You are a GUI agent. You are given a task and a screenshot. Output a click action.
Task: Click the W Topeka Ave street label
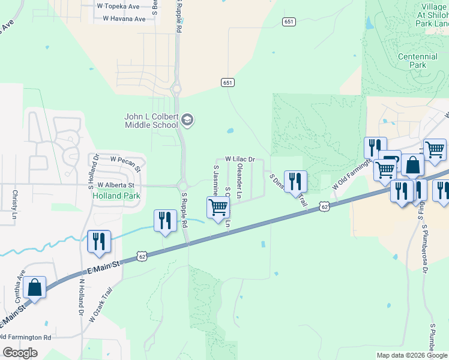pos(118,7)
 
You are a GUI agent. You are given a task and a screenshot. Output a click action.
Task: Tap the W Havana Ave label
pos(124,19)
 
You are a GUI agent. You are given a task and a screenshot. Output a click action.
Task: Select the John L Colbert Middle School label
pos(151,121)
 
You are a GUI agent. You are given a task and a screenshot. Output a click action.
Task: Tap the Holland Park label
pos(116,196)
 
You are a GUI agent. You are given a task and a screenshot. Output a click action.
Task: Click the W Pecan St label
pos(125,160)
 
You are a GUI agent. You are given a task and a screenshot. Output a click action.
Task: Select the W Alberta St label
pos(116,185)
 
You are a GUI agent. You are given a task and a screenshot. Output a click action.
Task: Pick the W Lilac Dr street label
pos(240,159)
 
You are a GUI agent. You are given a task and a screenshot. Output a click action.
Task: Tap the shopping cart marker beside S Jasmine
pos(218,208)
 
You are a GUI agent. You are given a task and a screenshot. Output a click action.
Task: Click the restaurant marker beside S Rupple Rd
pos(164,220)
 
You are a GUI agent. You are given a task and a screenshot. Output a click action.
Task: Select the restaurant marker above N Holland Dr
pos(99,241)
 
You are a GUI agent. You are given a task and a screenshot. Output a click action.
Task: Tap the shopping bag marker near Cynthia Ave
pos(35,287)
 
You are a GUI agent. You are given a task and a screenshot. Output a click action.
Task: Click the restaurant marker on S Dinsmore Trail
pos(295,181)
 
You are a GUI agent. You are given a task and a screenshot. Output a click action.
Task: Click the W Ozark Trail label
pos(100,307)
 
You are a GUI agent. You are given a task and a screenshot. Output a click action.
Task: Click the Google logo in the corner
pos(20,353)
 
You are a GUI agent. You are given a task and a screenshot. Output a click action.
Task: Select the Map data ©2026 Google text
pos(412,355)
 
